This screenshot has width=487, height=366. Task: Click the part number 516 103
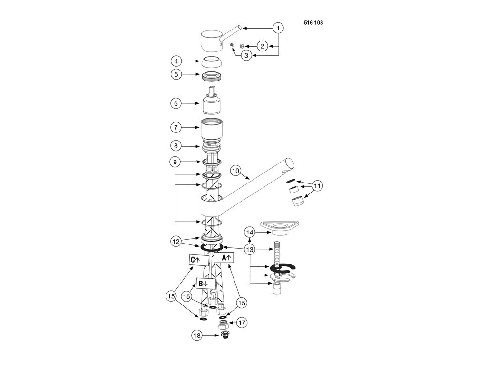[313, 22]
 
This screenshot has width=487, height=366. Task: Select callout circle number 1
[278, 28]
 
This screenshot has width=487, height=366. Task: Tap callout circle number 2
[262, 46]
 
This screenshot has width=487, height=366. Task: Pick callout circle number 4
[177, 61]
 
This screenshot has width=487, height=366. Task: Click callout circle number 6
[177, 103]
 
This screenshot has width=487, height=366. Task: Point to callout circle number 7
[177, 128]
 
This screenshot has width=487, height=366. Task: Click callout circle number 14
[250, 232]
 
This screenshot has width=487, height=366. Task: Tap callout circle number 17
[242, 323]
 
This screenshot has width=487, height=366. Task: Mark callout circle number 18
[197, 335]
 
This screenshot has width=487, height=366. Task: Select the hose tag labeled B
[203, 284]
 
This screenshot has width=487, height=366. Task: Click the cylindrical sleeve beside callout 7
[213, 129]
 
